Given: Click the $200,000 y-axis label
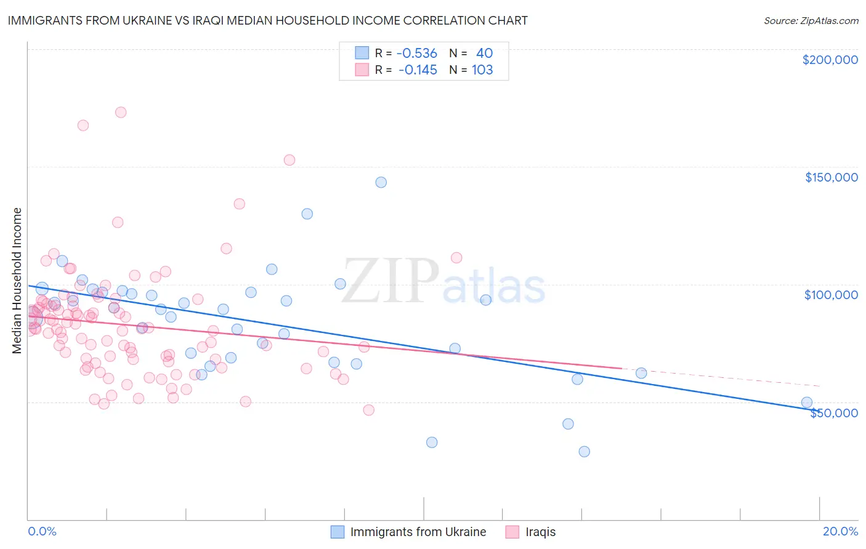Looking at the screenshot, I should coord(830,60).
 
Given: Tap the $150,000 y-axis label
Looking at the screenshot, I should coord(831,177).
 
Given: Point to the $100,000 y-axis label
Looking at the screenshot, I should coord(831,295).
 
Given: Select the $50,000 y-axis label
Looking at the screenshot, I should coord(833,413).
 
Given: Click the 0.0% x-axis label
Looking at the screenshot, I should coord(42,531).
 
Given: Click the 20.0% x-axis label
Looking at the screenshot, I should coord(840,531).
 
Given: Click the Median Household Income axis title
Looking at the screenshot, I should coord(17,281).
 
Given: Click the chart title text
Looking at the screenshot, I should coord(267,20).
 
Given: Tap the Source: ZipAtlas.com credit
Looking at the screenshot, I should coord(811,20).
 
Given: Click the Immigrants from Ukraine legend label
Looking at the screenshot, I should coord(418,532).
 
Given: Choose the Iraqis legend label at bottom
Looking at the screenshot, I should coord(540,532).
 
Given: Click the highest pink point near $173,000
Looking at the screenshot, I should coord(121,112).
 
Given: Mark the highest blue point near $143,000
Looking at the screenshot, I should coord(381,182).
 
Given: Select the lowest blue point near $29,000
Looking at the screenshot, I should coord(584,451).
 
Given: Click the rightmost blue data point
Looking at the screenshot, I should coord(807,403).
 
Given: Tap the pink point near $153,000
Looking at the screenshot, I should coord(289,160).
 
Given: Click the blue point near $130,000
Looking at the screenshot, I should coord(307,214).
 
